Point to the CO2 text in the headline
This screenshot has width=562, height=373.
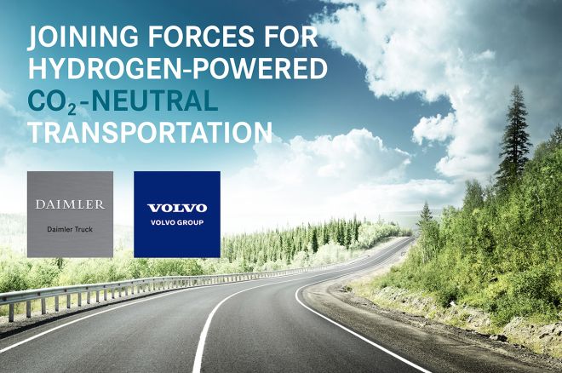click(47, 102)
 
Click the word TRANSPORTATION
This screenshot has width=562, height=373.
click(150, 133)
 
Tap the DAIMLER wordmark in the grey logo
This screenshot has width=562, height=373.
click(70, 204)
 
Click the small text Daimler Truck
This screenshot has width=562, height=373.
click(70, 230)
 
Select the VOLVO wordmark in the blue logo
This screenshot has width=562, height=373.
click(176, 208)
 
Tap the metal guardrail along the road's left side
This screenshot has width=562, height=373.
click(128, 285)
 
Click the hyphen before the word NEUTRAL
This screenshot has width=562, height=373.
click(73, 102)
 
